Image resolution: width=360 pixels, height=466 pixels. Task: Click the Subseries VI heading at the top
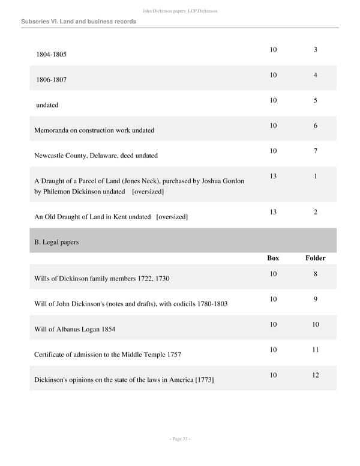tap(79, 22)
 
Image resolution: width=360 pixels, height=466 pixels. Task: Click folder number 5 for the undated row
tap(315, 100)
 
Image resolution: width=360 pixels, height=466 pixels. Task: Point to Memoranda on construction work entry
tap(94, 130)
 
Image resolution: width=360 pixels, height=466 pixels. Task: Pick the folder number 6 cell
tap(315, 126)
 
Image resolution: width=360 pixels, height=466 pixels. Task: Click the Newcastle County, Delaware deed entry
tap(96, 156)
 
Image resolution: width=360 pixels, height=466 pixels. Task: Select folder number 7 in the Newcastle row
tap(315, 151)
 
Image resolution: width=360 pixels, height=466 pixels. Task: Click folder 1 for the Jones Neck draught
tap(315, 176)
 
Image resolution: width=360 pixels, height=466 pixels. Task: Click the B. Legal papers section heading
tap(57, 243)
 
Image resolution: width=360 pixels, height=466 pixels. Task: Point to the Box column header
tap(273, 258)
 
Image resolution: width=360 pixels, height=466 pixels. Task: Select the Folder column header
tap(315, 258)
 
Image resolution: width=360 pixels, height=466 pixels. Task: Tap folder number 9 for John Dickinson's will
tap(315, 299)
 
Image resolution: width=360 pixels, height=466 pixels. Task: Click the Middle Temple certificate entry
tap(108, 354)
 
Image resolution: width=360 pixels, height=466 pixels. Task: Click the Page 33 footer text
tap(180, 439)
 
